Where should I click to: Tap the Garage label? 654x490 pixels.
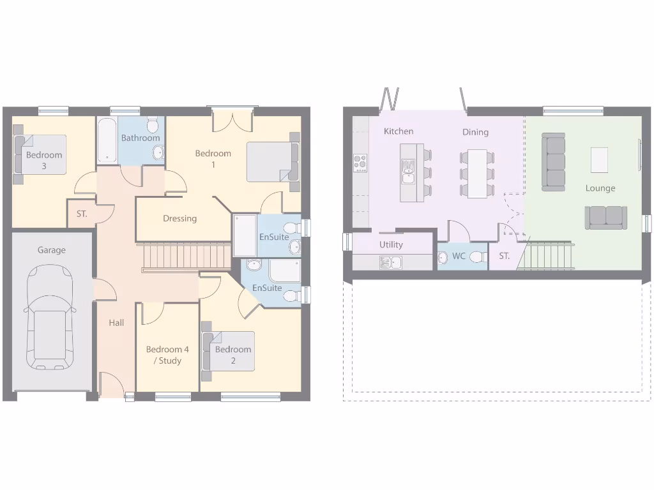tap(51, 250)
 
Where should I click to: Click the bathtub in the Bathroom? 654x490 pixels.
tap(107, 141)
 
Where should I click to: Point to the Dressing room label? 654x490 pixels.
tap(179, 218)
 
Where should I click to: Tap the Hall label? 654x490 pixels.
tap(116, 323)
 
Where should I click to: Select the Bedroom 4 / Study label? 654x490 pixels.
tap(167, 355)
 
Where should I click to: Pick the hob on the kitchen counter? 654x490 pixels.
tap(360, 163)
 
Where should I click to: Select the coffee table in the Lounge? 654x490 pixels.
tap(599, 160)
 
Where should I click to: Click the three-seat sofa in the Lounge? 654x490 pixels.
tap(553, 161)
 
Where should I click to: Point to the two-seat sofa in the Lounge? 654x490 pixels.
tap(605, 218)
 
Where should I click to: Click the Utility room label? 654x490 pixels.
tap(391, 244)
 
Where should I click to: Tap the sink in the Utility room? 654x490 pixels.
tap(391, 262)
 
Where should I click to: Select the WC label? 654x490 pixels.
tap(459, 256)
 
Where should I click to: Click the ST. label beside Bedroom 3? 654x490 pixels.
tap(82, 214)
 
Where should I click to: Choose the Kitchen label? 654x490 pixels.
tap(399, 131)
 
